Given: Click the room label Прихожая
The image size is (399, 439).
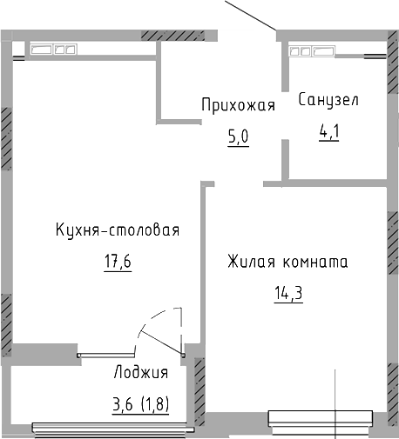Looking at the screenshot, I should pyautogui.click(x=238, y=106).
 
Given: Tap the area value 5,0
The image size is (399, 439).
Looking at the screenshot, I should pyautogui.click(x=238, y=137).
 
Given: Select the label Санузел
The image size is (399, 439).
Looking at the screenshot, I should pyautogui.click(x=328, y=100).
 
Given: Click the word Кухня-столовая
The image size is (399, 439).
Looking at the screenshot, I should pyautogui.click(x=117, y=230).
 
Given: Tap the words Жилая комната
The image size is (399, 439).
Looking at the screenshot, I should pyautogui.click(x=287, y=261).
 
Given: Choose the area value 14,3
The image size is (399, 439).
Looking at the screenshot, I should pyautogui.click(x=287, y=291).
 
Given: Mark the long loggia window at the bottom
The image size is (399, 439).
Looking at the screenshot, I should pyautogui.click(x=112, y=426).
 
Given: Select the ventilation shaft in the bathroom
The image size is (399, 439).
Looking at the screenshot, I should pyautogui.click(x=314, y=50).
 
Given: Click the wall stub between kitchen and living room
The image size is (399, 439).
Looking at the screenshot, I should pyautogui.click(x=202, y=261).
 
